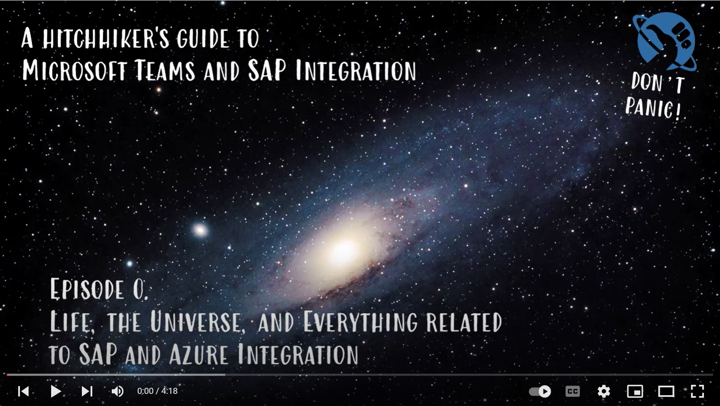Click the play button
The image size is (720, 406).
(x=56, y=391)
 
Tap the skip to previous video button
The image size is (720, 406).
(x=23, y=391)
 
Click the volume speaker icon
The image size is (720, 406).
(x=117, y=391)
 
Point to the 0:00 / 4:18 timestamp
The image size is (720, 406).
(x=157, y=391)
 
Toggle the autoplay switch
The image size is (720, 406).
(x=540, y=391)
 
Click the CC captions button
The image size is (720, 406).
(x=572, y=391)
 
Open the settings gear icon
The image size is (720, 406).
(x=603, y=391)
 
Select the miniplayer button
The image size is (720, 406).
(x=635, y=391)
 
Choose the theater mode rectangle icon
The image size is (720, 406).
(x=666, y=391)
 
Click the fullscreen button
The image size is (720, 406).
(x=697, y=391)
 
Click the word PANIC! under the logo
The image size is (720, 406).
(x=653, y=107)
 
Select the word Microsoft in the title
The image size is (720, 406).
(x=74, y=70)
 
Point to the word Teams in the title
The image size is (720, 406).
(x=165, y=70)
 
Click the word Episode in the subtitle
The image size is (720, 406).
(x=87, y=289)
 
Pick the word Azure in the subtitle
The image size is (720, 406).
(x=199, y=354)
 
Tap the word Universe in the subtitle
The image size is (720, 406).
(x=195, y=321)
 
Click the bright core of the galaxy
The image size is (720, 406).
(x=344, y=251)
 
